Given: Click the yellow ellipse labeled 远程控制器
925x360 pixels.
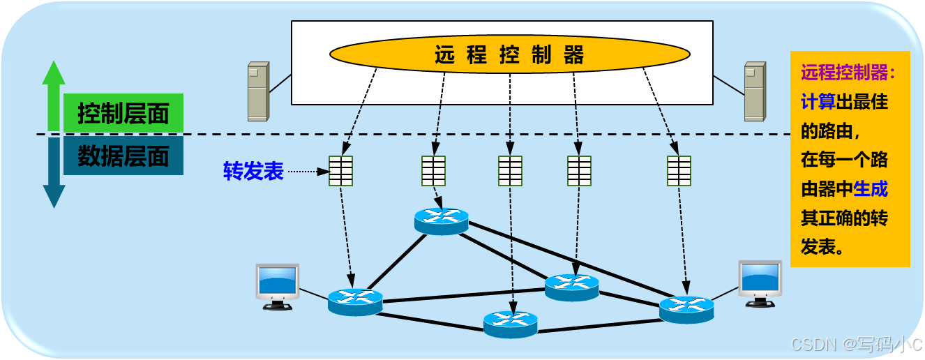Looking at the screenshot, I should pos(509,55).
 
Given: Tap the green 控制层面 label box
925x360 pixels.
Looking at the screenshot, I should pos(123,114).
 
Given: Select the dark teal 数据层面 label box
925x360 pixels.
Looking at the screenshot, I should pos(123,156).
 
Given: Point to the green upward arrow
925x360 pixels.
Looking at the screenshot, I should pos(54,94).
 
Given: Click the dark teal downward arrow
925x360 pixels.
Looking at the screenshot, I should pos(54,174).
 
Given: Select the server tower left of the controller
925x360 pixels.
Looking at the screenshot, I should pos(258,91).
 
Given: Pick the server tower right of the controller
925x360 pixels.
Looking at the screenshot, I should pos(754,91).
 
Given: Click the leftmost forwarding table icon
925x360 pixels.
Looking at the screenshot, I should pos(340,171).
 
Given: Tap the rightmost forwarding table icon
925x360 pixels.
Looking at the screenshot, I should pos(679,171).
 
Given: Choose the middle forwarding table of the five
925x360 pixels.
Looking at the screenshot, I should pos(510,171).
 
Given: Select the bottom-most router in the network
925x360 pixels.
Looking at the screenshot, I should pos(511,324).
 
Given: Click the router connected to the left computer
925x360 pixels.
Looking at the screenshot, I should pos(355,302).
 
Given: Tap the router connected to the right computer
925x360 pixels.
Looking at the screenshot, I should pos(686,308).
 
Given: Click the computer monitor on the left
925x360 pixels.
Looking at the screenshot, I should pos(278,285).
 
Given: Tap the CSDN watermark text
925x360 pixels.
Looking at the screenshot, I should pos(856,344).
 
